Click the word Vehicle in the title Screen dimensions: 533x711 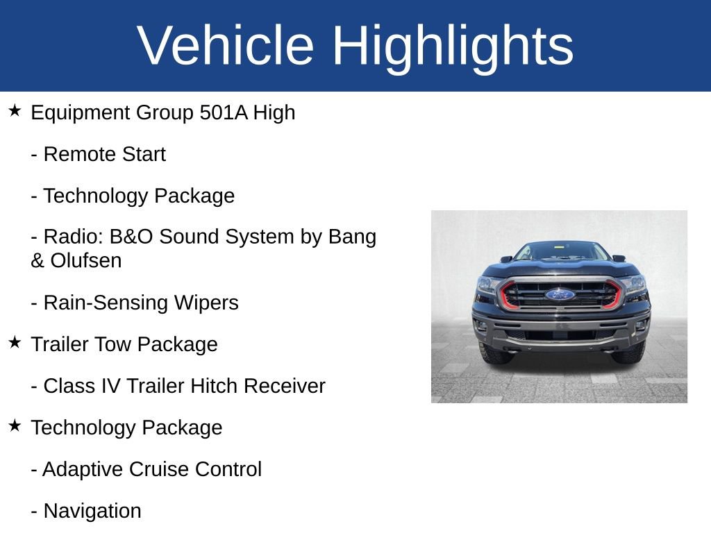[x=226, y=45]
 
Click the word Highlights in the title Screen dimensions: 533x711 [x=453, y=45]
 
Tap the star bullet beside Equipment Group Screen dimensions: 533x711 [x=15, y=111]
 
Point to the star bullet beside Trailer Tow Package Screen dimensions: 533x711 [x=15, y=343]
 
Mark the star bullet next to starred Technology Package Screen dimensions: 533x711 [x=15, y=426]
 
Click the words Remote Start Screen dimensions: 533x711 [x=104, y=154]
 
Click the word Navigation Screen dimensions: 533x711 [x=92, y=511]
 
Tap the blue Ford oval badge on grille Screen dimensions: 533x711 [x=560, y=294]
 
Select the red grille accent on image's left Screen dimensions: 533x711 [x=505, y=295]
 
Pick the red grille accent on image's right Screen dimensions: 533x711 [x=614, y=294]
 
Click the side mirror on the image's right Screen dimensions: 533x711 [x=619, y=258]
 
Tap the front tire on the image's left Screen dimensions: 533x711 [x=494, y=354]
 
